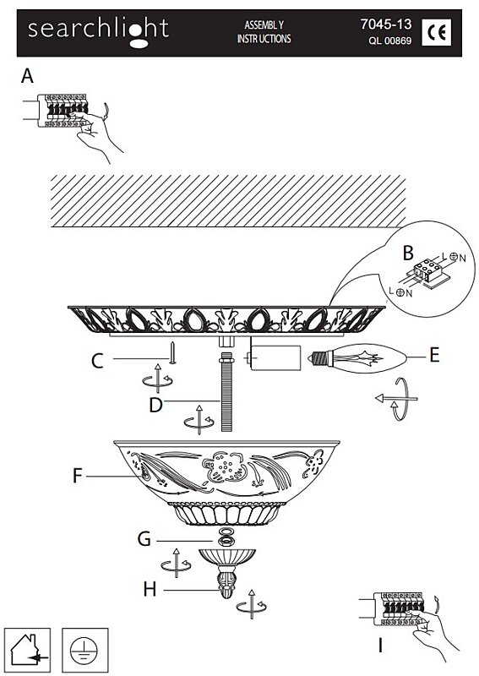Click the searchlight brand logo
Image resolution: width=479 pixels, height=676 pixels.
pos(98,31)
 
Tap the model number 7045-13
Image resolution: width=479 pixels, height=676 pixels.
pos(386,25)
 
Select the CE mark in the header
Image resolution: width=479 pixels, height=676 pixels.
pos(436,32)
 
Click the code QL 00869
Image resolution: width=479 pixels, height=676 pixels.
pos(389,41)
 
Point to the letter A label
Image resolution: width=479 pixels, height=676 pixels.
pos(27,76)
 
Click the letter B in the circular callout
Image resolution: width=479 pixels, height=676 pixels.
pos(408,253)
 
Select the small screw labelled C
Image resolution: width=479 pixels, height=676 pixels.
pos(172,352)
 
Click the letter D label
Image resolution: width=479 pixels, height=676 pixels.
pos(155,406)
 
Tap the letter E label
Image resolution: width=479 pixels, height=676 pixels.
pos(434,355)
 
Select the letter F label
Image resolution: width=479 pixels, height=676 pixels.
pos(77,476)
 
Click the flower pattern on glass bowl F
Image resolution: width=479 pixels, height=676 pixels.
pos(225,467)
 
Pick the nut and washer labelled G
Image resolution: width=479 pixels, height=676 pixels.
pos(226,537)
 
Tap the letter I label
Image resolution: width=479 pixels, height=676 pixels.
pos(380,646)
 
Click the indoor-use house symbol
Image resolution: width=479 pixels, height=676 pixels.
pos(28,650)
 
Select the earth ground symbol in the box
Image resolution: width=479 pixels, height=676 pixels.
pos(85,650)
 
